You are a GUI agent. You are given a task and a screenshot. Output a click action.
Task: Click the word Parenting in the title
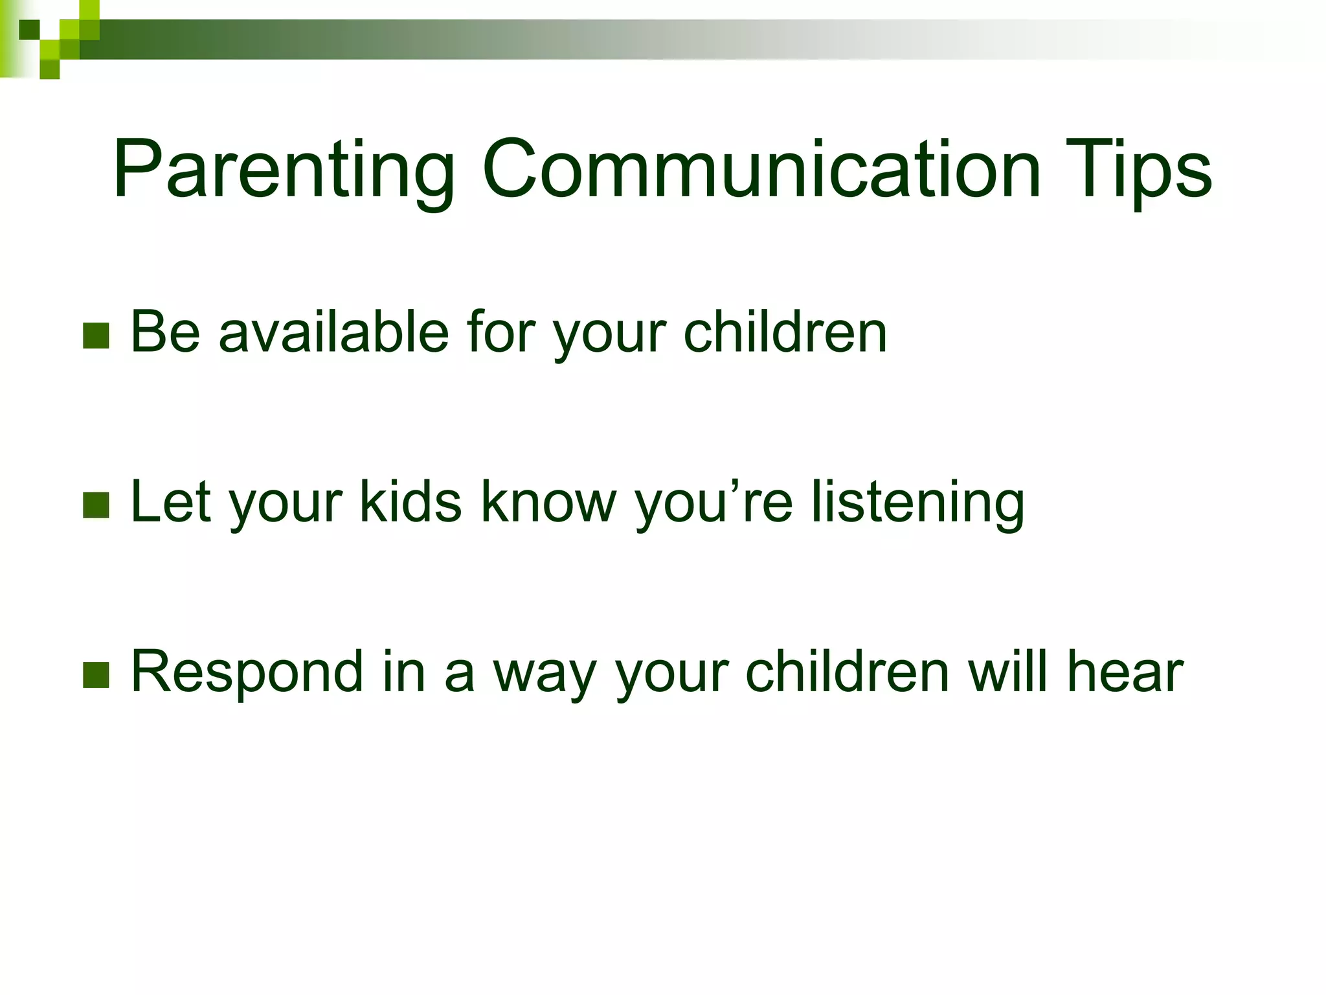click(x=284, y=170)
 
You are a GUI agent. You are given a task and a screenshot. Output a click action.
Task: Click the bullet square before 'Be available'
click(x=96, y=336)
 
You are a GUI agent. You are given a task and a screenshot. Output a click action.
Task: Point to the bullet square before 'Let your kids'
click(x=96, y=505)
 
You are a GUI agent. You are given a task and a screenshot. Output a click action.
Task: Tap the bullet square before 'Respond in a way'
click(x=96, y=675)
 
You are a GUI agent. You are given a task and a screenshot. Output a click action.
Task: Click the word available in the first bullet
click(x=333, y=332)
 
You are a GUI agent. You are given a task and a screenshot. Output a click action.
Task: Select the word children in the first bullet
click(x=785, y=332)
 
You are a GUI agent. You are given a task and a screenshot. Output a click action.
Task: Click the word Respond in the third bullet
click(x=247, y=672)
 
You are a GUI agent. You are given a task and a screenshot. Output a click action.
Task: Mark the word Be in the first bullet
click(x=165, y=332)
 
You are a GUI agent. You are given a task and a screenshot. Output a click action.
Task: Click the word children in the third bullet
click(x=848, y=672)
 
